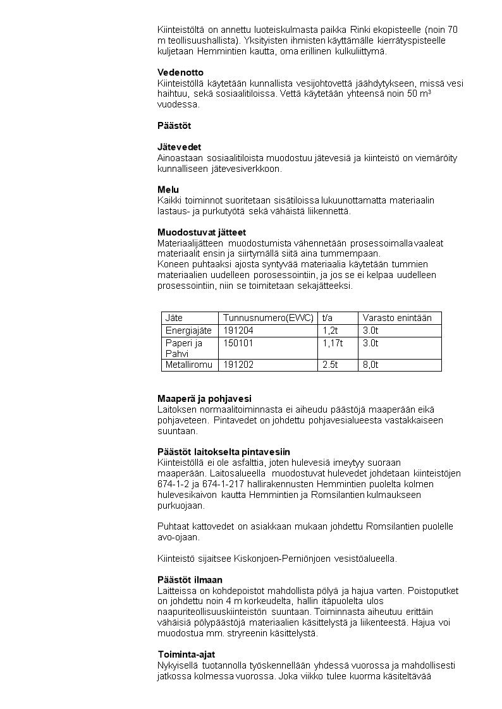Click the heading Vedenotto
(x=180, y=73)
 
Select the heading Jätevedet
(x=179, y=147)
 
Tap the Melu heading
(x=168, y=190)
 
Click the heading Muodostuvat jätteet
(x=202, y=233)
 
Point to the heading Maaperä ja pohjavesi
(x=204, y=399)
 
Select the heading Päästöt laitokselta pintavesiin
(x=223, y=452)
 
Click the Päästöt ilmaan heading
(x=190, y=579)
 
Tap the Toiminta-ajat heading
(x=186, y=655)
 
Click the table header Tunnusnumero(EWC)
(x=268, y=318)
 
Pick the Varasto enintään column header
(x=397, y=318)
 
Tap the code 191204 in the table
(x=238, y=330)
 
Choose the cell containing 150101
(x=238, y=343)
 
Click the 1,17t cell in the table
(x=333, y=343)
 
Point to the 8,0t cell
(x=370, y=365)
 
